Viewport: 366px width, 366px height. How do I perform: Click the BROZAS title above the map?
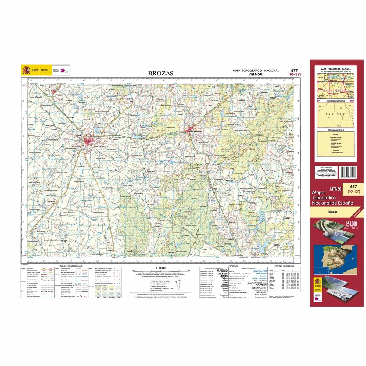tap(161, 73)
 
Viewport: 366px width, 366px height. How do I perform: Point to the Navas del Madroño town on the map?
tap(193, 131)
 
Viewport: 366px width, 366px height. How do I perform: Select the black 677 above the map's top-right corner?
tap(294, 70)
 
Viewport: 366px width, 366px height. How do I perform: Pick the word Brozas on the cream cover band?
tap(333, 212)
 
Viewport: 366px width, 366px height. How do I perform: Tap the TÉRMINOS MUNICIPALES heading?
tap(335, 130)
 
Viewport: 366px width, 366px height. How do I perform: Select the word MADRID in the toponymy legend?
tap(222, 270)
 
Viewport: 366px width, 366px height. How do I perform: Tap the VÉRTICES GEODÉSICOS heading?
tap(284, 266)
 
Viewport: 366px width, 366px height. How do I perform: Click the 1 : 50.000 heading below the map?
tap(161, 268)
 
